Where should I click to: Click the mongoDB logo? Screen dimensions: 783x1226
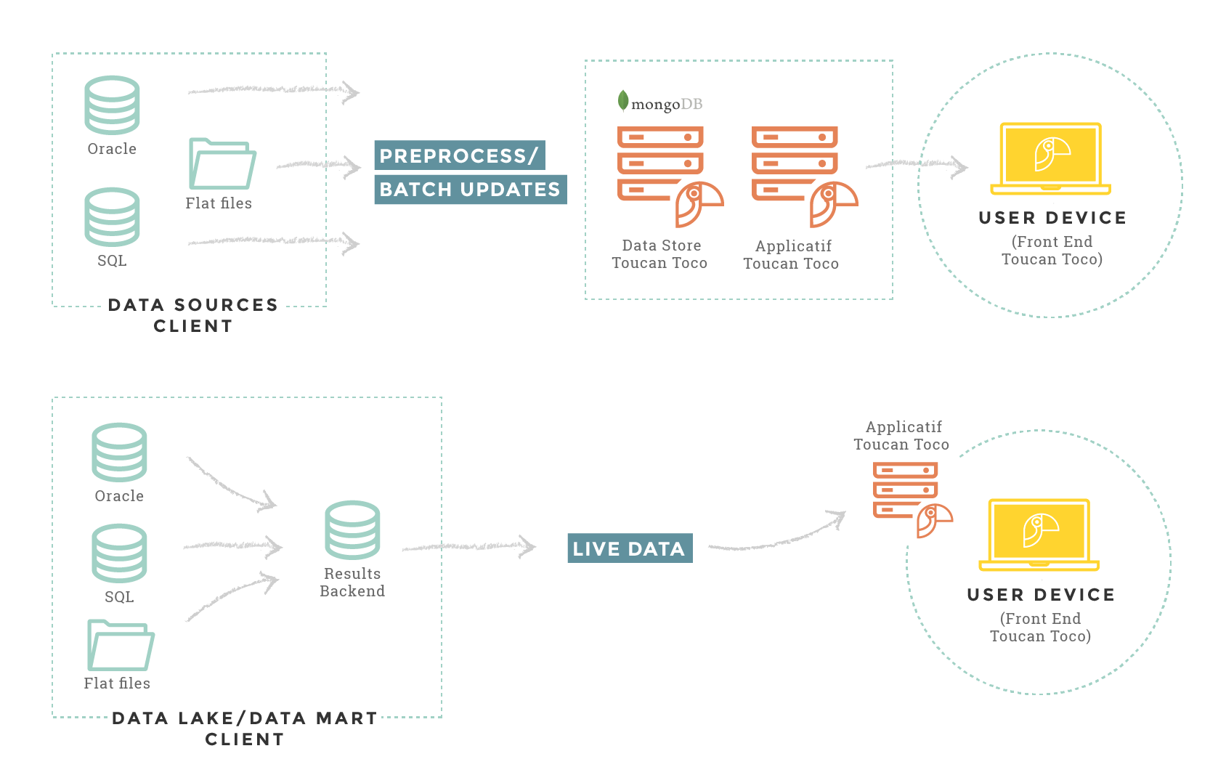[x=659, y=103]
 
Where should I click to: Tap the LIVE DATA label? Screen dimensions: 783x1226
[x=630, y=548]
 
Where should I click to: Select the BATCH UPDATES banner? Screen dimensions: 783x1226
[x=470, y=190]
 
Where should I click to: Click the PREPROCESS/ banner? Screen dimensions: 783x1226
[x=459, y=155]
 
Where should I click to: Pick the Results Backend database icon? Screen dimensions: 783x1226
[x=352, y=530]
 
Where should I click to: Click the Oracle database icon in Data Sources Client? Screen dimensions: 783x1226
[x=112, y=105]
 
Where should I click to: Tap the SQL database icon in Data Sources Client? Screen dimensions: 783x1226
[x=112, y=217]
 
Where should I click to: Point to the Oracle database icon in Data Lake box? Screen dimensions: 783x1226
[x=119, y=453]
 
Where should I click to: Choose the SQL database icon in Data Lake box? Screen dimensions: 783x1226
[x=119, y=553]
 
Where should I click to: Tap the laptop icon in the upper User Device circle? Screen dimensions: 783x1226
[x=1050, y=158]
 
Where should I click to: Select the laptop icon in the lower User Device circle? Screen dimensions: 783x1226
[x=1039, y=535]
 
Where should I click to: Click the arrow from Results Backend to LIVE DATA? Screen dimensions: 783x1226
[x=469, y=546]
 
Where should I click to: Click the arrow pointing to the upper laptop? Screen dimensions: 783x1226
[x=917, y=166]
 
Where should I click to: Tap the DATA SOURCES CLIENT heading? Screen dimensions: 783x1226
[x=193, y=315]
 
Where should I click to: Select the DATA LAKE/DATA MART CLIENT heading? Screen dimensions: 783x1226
[x=245, y=729]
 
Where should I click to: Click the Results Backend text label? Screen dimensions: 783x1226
[x=352, y=583]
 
